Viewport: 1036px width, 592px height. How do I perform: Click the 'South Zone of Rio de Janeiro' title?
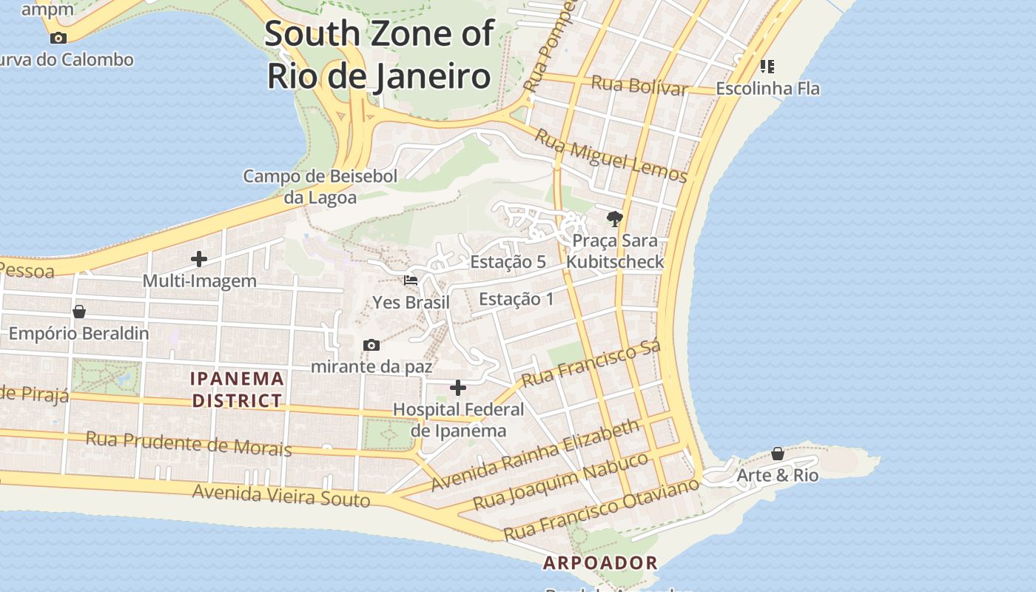click(379, 55)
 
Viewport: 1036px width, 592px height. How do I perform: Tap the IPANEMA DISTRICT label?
click(238, 390)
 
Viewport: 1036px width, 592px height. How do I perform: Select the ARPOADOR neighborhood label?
click(600, 563)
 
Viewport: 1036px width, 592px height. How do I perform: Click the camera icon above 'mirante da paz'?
click(371, 345)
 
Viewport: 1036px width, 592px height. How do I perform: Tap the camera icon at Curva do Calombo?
click(58, 38)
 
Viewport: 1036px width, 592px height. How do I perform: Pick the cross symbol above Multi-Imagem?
click(199, 259)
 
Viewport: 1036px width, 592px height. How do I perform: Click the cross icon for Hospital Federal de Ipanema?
click(458, 388)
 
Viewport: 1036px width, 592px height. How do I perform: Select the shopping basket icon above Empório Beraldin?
click(79, 312)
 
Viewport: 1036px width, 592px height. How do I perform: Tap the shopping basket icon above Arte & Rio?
click(778, 453)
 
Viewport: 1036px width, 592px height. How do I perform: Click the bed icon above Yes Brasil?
click(411, 280)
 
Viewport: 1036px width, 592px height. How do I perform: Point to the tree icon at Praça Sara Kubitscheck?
click(614, 218)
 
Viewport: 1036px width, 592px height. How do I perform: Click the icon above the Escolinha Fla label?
click(767, 67)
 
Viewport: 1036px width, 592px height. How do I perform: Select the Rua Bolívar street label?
click(639, 85)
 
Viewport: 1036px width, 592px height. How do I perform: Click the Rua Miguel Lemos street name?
click(610, 156)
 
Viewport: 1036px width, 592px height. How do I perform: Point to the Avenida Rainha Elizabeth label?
click(535, 454)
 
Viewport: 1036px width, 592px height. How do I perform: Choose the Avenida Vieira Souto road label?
click(281, 495)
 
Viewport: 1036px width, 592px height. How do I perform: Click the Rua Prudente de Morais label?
click(189, 443)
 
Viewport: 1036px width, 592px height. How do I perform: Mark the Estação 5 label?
click(508, 262)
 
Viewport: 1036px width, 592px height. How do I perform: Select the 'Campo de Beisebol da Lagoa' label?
click(320, 186)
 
